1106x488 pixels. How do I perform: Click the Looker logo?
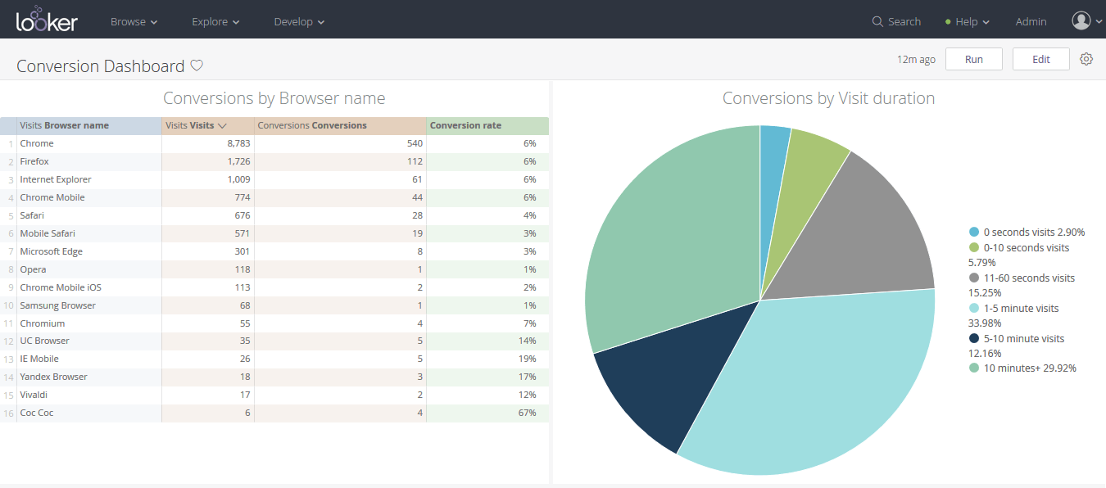47,20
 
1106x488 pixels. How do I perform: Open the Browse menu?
134,22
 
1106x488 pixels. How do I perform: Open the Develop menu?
299,22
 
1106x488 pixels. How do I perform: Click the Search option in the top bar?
896,22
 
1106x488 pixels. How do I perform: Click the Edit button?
1040,59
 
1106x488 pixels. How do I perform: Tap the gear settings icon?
1086,59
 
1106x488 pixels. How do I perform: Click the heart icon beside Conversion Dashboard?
197,66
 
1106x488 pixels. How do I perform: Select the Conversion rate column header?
465,125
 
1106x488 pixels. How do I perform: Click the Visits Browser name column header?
65,125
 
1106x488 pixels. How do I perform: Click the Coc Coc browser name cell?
37,413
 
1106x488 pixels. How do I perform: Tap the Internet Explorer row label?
56,179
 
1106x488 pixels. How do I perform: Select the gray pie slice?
860,237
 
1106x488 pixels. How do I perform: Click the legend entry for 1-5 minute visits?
1021,309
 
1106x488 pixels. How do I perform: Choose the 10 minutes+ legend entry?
1030,368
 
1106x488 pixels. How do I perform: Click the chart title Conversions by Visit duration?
828,98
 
